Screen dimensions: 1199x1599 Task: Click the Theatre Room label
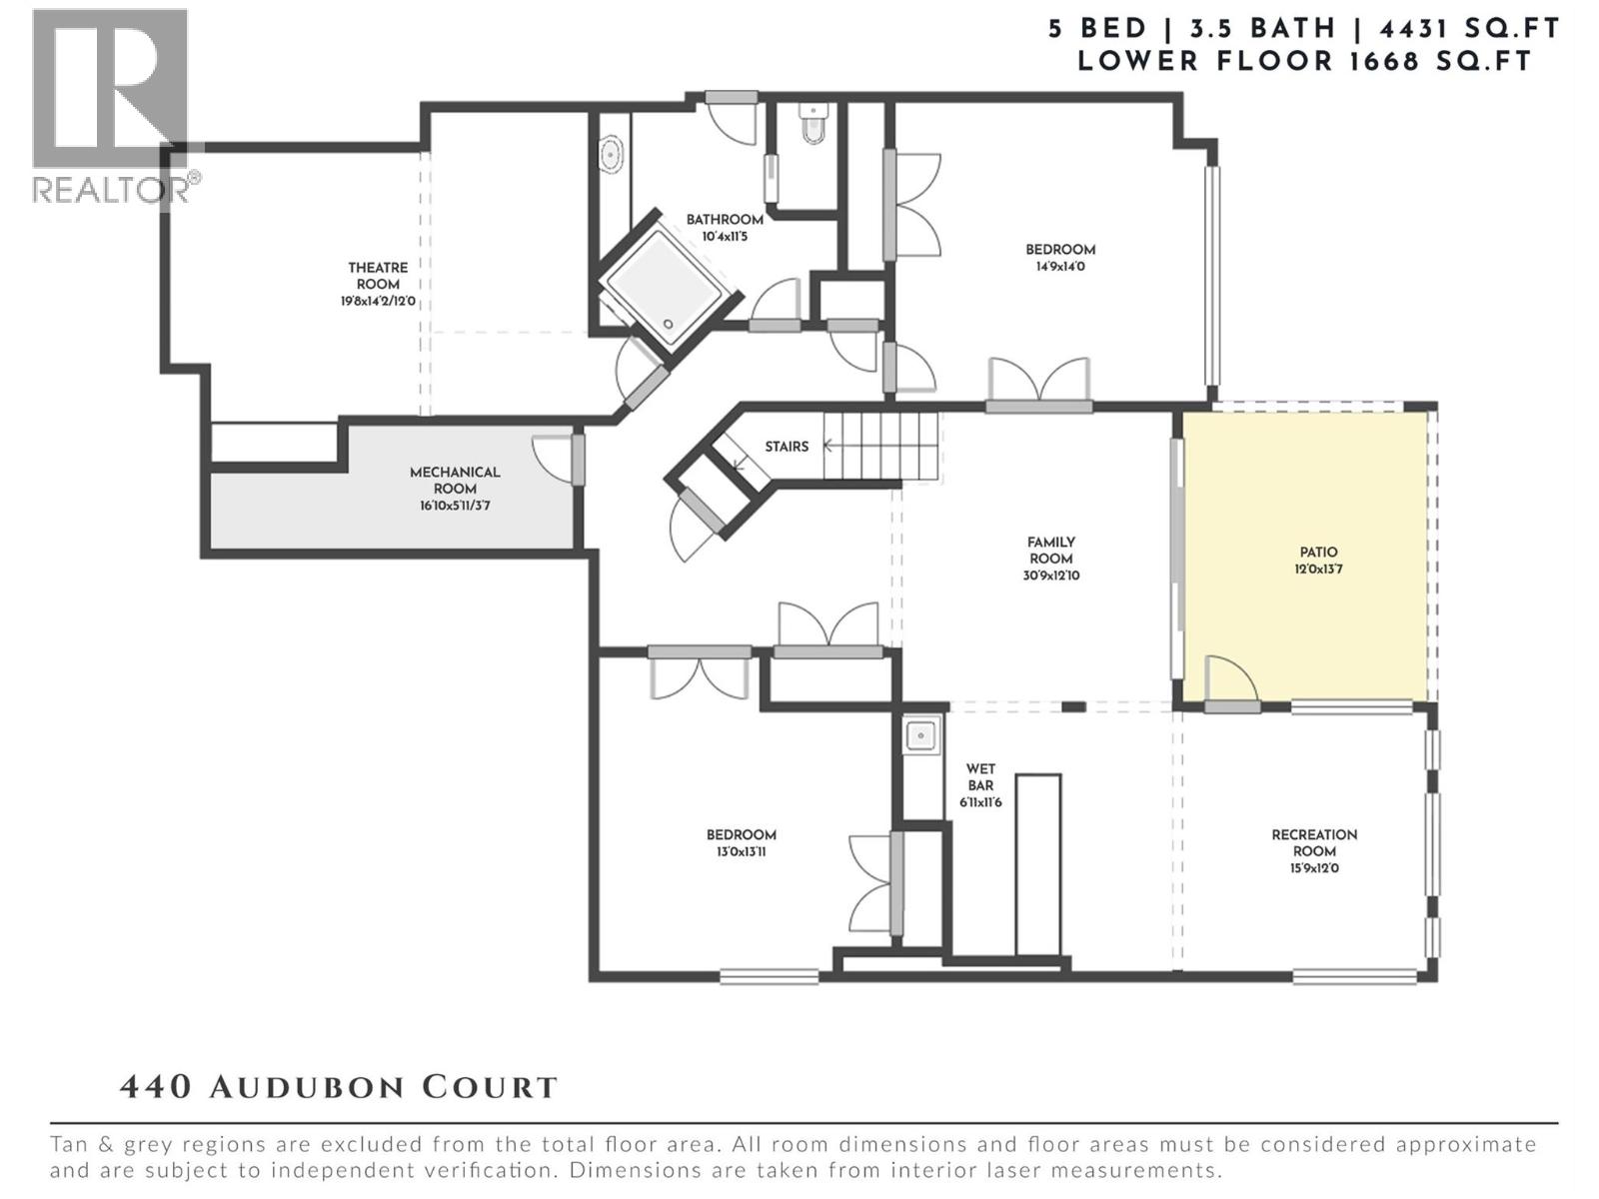tap(378, 276)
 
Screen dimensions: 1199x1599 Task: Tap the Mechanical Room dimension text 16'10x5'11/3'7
tap(455, 507)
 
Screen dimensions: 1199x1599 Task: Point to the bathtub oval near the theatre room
tap(610, 157)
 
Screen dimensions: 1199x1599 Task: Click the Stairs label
tap(787, 447)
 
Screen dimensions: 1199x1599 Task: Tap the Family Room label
tap(1051, 551)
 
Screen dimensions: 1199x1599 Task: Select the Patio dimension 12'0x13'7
tap(1318, 570)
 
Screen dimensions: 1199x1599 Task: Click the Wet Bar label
tap(980, 777)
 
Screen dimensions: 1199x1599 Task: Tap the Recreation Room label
tap(1314, 842)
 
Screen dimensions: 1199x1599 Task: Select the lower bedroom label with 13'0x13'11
tap(742, 835)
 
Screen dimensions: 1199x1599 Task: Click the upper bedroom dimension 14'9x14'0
tap(1060, 267)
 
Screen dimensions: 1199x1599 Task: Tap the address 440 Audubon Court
tap(338, 1087)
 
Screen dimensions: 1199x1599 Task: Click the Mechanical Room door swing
tap(552, 458)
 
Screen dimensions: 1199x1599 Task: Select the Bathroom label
tap(725, 220)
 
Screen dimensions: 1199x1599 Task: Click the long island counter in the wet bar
tap(1037, 864)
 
